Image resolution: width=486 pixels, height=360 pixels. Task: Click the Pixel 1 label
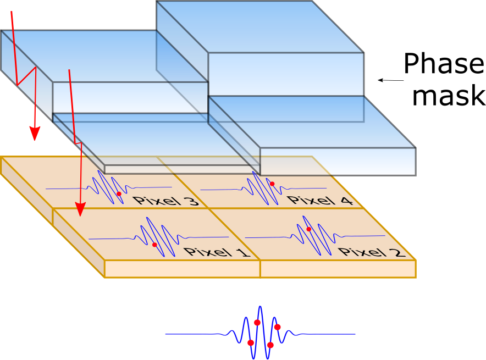[217, 252]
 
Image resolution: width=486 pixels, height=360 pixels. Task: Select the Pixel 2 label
[372, 252]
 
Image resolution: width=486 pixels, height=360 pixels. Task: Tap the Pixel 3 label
[165, 200]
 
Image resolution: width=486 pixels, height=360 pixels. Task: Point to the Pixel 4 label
[320, 200]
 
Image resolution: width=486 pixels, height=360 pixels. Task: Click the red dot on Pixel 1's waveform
[154, 245]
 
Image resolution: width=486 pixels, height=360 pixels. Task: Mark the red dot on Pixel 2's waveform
[309, 229]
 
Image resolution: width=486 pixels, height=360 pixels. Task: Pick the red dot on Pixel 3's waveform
[119, 194]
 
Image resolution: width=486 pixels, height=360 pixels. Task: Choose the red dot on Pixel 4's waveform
[272, 184]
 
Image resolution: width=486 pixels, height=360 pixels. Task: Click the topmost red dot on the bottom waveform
[257, 323]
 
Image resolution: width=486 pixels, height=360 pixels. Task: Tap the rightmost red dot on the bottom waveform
[278, 327]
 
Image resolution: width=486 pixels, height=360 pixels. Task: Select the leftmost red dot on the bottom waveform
[251, 343]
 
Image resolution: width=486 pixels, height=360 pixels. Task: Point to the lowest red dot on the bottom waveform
[270, 345]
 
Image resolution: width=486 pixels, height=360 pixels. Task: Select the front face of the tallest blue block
[285, 74]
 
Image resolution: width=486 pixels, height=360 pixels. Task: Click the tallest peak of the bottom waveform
[260, 308]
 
